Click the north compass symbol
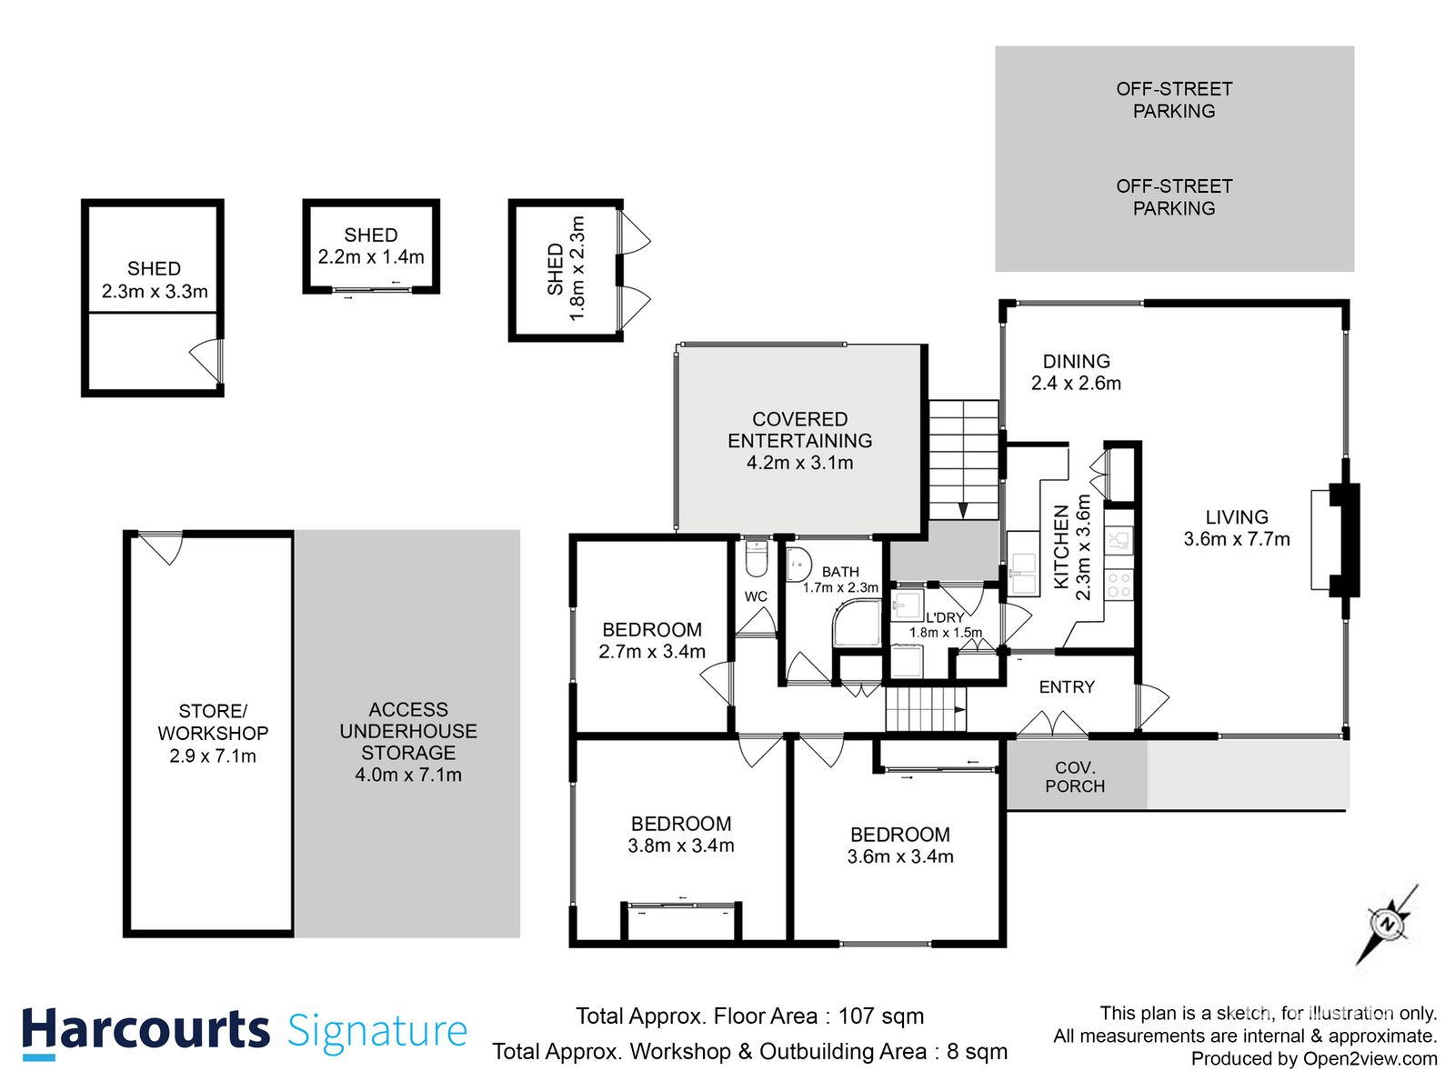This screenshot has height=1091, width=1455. (1388, 925)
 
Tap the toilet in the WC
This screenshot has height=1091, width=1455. (757, 558)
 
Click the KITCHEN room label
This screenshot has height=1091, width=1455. (1061, 546)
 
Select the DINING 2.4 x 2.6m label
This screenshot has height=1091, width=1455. (1076, 373)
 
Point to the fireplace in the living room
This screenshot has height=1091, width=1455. (1344, 540)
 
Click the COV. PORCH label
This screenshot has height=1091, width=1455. (1075, 777)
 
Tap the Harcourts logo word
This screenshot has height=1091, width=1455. (145, 1031)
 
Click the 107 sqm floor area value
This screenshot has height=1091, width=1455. (880, 1016)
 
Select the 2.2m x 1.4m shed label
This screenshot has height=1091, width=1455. (371, 257)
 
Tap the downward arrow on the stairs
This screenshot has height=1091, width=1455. (963, 510)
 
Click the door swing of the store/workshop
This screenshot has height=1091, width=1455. (164, 547)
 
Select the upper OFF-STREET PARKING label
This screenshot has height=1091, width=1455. (1174, 100)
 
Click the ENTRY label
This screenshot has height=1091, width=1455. (1067, 687)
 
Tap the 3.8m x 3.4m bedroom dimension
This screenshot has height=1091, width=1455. (681, 846)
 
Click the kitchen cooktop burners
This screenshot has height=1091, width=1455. (1119, 585)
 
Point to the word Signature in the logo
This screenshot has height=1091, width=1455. (377, 1032)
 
